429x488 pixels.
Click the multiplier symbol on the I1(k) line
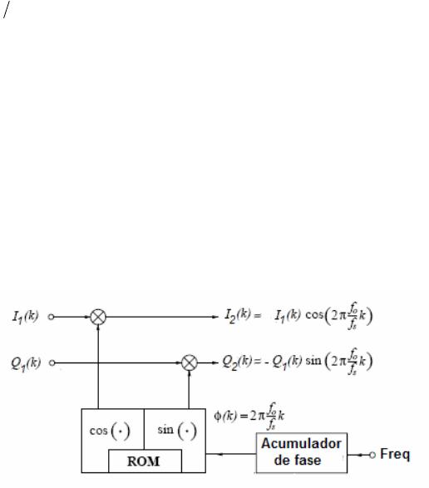click(x=98, y=317)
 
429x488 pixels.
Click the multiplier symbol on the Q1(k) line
click(x=190, y=362)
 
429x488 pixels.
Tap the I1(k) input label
click(x=25, y=317)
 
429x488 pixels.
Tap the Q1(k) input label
click(x=26, y=363)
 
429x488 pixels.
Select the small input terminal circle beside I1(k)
click(x=51, y=317)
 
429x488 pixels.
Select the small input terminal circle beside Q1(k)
click(x=52, y=363)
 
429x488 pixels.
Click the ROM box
click(x=145, y=461)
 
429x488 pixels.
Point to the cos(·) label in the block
click(x=110, y=431)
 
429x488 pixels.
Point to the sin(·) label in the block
click(x=177, y=431)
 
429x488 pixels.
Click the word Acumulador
click(x=301, y=443)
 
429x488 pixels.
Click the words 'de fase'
click(x=298, y=460)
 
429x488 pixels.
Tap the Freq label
click(x=395, y=455)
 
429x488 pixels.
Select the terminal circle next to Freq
click(x=372, y=455)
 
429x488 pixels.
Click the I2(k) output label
click(x=238, y=316)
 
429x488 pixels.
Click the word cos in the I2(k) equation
click(x=314, y=315)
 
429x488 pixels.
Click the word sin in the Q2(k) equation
click(x=313, y=361)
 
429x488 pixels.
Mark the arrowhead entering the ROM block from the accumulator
click(x=220, y=454)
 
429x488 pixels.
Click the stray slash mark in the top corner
click(x=7, y=10)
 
